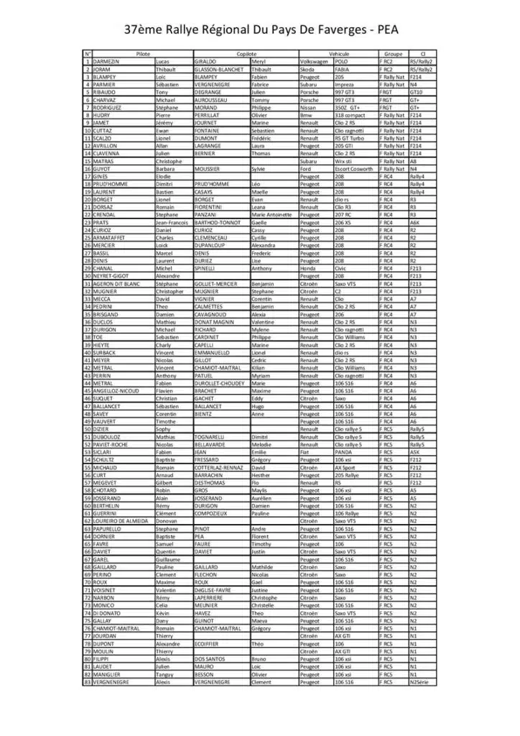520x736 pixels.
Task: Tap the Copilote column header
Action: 246,54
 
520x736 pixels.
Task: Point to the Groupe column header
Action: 393,54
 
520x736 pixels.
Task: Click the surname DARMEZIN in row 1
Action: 108,62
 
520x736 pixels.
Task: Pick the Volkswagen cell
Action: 314,62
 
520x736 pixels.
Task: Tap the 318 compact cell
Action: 350,115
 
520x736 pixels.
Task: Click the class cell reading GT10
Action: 416,93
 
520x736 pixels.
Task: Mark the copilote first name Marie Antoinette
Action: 272,215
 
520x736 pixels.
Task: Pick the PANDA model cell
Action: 344,452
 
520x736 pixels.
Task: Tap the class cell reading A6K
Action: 414,223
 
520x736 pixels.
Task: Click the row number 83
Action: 87,681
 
